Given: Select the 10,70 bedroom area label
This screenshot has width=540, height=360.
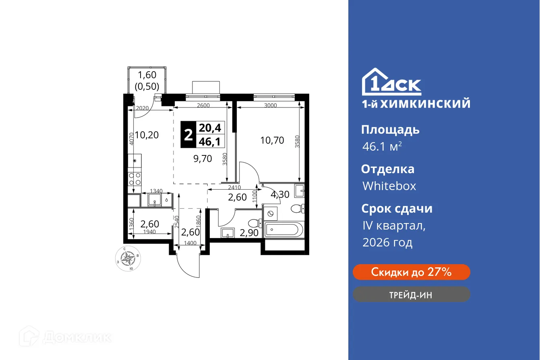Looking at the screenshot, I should coord(272,141).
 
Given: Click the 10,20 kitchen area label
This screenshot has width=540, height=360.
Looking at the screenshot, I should coord(147,135).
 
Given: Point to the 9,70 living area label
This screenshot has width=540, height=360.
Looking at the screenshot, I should coord(203,159).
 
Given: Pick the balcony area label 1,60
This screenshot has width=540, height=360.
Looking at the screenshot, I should coord(147,74).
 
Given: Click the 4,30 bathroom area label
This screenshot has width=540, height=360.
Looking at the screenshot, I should coord(279,194).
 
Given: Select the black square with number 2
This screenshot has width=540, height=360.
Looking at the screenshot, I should coord(188,135).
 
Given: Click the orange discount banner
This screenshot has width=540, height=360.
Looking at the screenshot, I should coord(411,272).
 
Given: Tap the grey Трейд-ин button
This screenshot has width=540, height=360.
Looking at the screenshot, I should coord(411,294).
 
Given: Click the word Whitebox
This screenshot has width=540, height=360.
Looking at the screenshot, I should coord(389,186).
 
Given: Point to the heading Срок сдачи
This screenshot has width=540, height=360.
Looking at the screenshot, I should coord(397,209).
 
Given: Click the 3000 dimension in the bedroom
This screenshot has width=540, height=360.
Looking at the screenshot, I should coord(271,106).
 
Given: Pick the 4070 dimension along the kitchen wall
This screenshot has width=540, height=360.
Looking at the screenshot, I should coord(130,139).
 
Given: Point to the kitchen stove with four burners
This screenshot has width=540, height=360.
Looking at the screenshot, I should coord(134,178).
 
